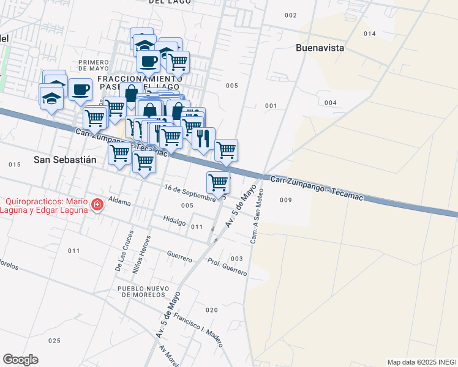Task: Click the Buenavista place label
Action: (320, 48)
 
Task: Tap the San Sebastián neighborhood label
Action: (66, 160)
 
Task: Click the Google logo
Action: (20, 360)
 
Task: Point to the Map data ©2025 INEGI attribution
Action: (421, 362)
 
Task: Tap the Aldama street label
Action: (119, 200)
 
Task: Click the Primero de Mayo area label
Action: (94, 66)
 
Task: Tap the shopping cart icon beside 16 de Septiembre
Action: (219, 182)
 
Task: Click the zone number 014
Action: (369, 34)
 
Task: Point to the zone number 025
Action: (54, 341)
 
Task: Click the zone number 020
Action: (211, 310)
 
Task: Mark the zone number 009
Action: (285, 200)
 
